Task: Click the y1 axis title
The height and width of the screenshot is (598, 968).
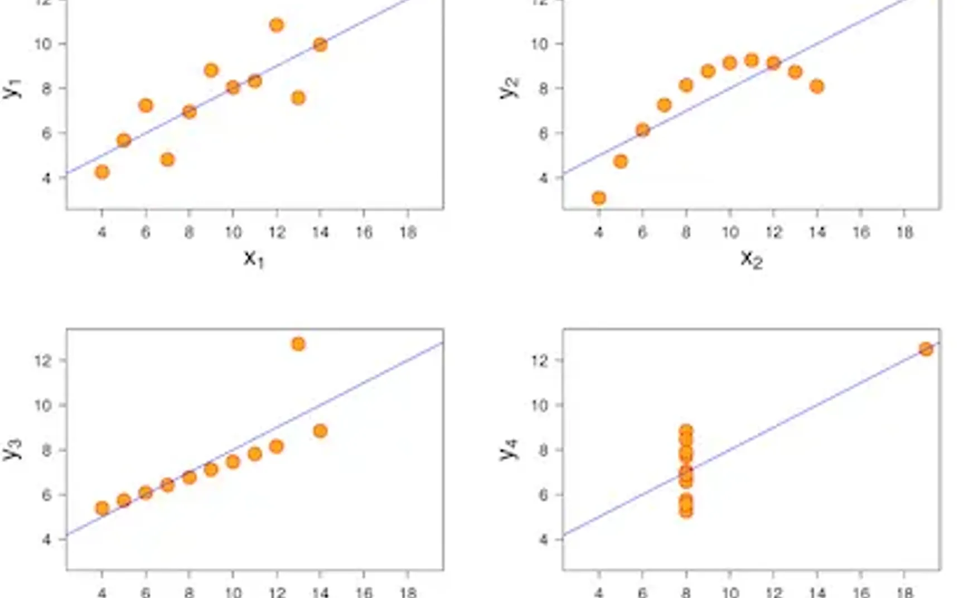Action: coord(12,88)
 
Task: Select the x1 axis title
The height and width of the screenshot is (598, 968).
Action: coord(254,258)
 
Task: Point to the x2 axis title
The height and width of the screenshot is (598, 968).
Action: coord(751,258)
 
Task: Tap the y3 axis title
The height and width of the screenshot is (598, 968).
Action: coord(12,449)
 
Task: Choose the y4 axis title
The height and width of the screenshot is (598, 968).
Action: coord(509,449)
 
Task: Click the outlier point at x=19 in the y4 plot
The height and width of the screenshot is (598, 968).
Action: coord(926,349)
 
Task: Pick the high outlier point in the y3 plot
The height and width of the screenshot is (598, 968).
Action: coord(298,344)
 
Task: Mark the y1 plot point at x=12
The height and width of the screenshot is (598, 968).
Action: coord(277,25)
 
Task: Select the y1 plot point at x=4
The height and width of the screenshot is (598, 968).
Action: coord(102,172)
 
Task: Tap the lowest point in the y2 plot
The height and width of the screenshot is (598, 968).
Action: coord(599,198)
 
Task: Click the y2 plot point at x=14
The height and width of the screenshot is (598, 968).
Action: coord(817,86)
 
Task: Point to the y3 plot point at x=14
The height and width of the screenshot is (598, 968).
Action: coord(320,431)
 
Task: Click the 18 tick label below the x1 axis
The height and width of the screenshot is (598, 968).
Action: coord(408,232)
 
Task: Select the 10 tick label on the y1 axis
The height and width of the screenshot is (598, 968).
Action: coord(43,44)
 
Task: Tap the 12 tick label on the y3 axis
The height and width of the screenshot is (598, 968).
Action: coord(43,360)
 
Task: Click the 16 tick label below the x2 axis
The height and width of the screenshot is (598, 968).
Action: coord(861,232)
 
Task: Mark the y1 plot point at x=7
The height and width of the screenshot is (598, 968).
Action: coord(167,160)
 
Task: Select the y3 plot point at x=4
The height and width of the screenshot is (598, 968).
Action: coord(102,508)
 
